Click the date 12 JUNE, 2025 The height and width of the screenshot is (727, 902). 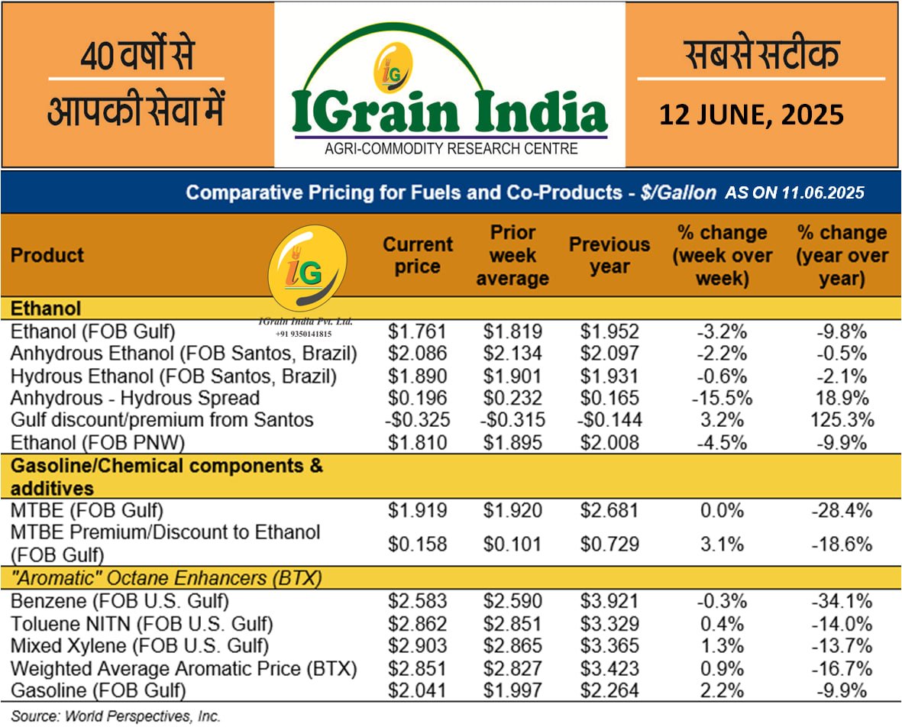click(752, 115)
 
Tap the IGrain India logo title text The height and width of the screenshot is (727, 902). click(449, 111)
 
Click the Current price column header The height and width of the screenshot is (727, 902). click(418, 255)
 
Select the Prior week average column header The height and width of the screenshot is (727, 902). click(512, 255)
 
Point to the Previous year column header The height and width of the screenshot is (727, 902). click(609, 255)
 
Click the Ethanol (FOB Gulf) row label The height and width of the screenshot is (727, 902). click(93, 332)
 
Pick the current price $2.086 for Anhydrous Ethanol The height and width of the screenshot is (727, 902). click(417, 354)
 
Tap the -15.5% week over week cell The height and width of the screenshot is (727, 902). click(722, 398)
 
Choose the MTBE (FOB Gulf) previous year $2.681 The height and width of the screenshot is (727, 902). click(609, 510)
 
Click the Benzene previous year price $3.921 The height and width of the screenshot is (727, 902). click(609, 602)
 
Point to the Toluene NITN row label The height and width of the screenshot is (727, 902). click(141, 624)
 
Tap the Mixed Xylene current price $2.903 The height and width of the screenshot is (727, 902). click(417, 646)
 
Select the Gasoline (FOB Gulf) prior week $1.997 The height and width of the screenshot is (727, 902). click(512, 690)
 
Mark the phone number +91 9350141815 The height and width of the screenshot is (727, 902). click(305, 334)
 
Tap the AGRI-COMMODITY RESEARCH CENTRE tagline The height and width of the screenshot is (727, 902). click(450, 148)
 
